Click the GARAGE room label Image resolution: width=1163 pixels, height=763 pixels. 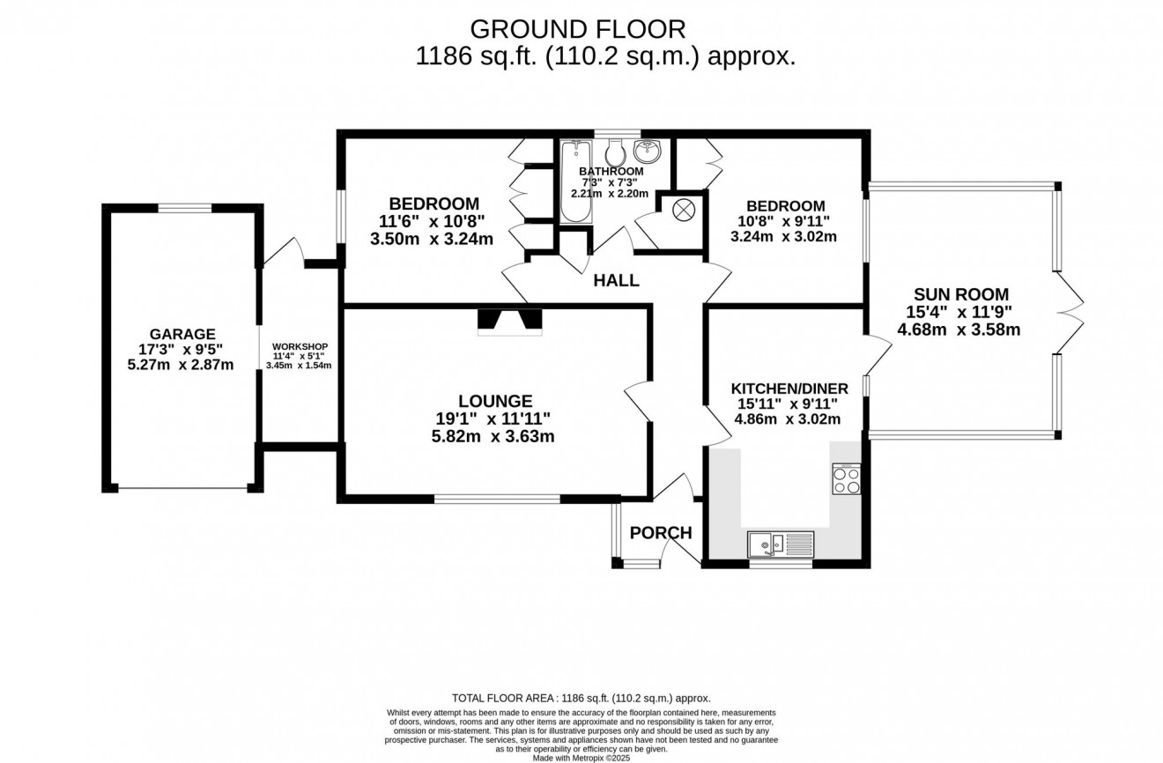point(182,334)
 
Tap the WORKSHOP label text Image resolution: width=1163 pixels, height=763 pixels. point(300,346)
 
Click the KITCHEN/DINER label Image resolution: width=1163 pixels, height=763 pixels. point(789,389)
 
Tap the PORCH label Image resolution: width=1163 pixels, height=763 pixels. point(660,533)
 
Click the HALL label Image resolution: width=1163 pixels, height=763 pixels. point(616,281)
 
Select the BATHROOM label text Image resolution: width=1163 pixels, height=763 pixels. point(611,171)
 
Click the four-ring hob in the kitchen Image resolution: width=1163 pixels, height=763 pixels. point(846,478)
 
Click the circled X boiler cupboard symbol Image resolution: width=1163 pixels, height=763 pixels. point(684,211)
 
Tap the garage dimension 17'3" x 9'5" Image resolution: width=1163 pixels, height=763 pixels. point(182,349)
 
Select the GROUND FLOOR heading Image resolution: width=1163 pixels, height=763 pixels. point(578,29)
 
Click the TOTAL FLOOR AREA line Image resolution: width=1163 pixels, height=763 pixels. point(581,697)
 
